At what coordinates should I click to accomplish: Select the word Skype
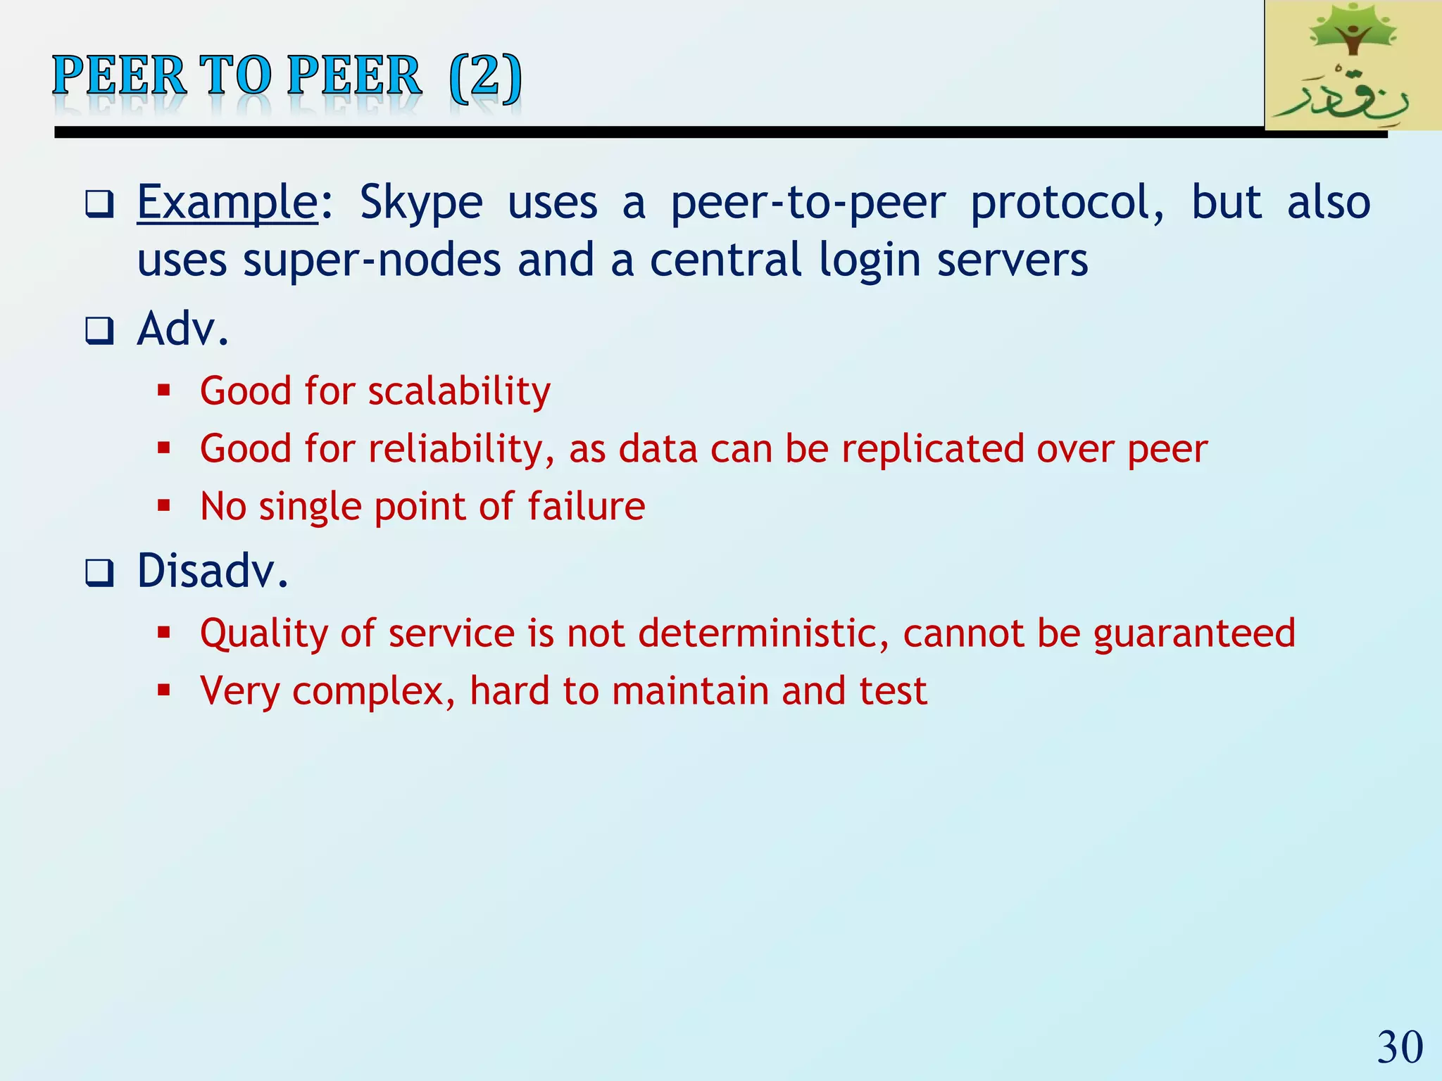coord(421,203)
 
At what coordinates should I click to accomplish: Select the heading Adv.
coord(183,329)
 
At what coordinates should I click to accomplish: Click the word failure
coord(586,507)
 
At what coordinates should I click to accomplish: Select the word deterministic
coord(763,633)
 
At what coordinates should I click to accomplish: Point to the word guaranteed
coord(1194,633)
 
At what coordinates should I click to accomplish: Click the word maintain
coord(690,691)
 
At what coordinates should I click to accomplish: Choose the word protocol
coord(1067,203)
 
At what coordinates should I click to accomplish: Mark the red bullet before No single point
coord(164,505)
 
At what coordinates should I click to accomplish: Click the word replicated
coord(932,449)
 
